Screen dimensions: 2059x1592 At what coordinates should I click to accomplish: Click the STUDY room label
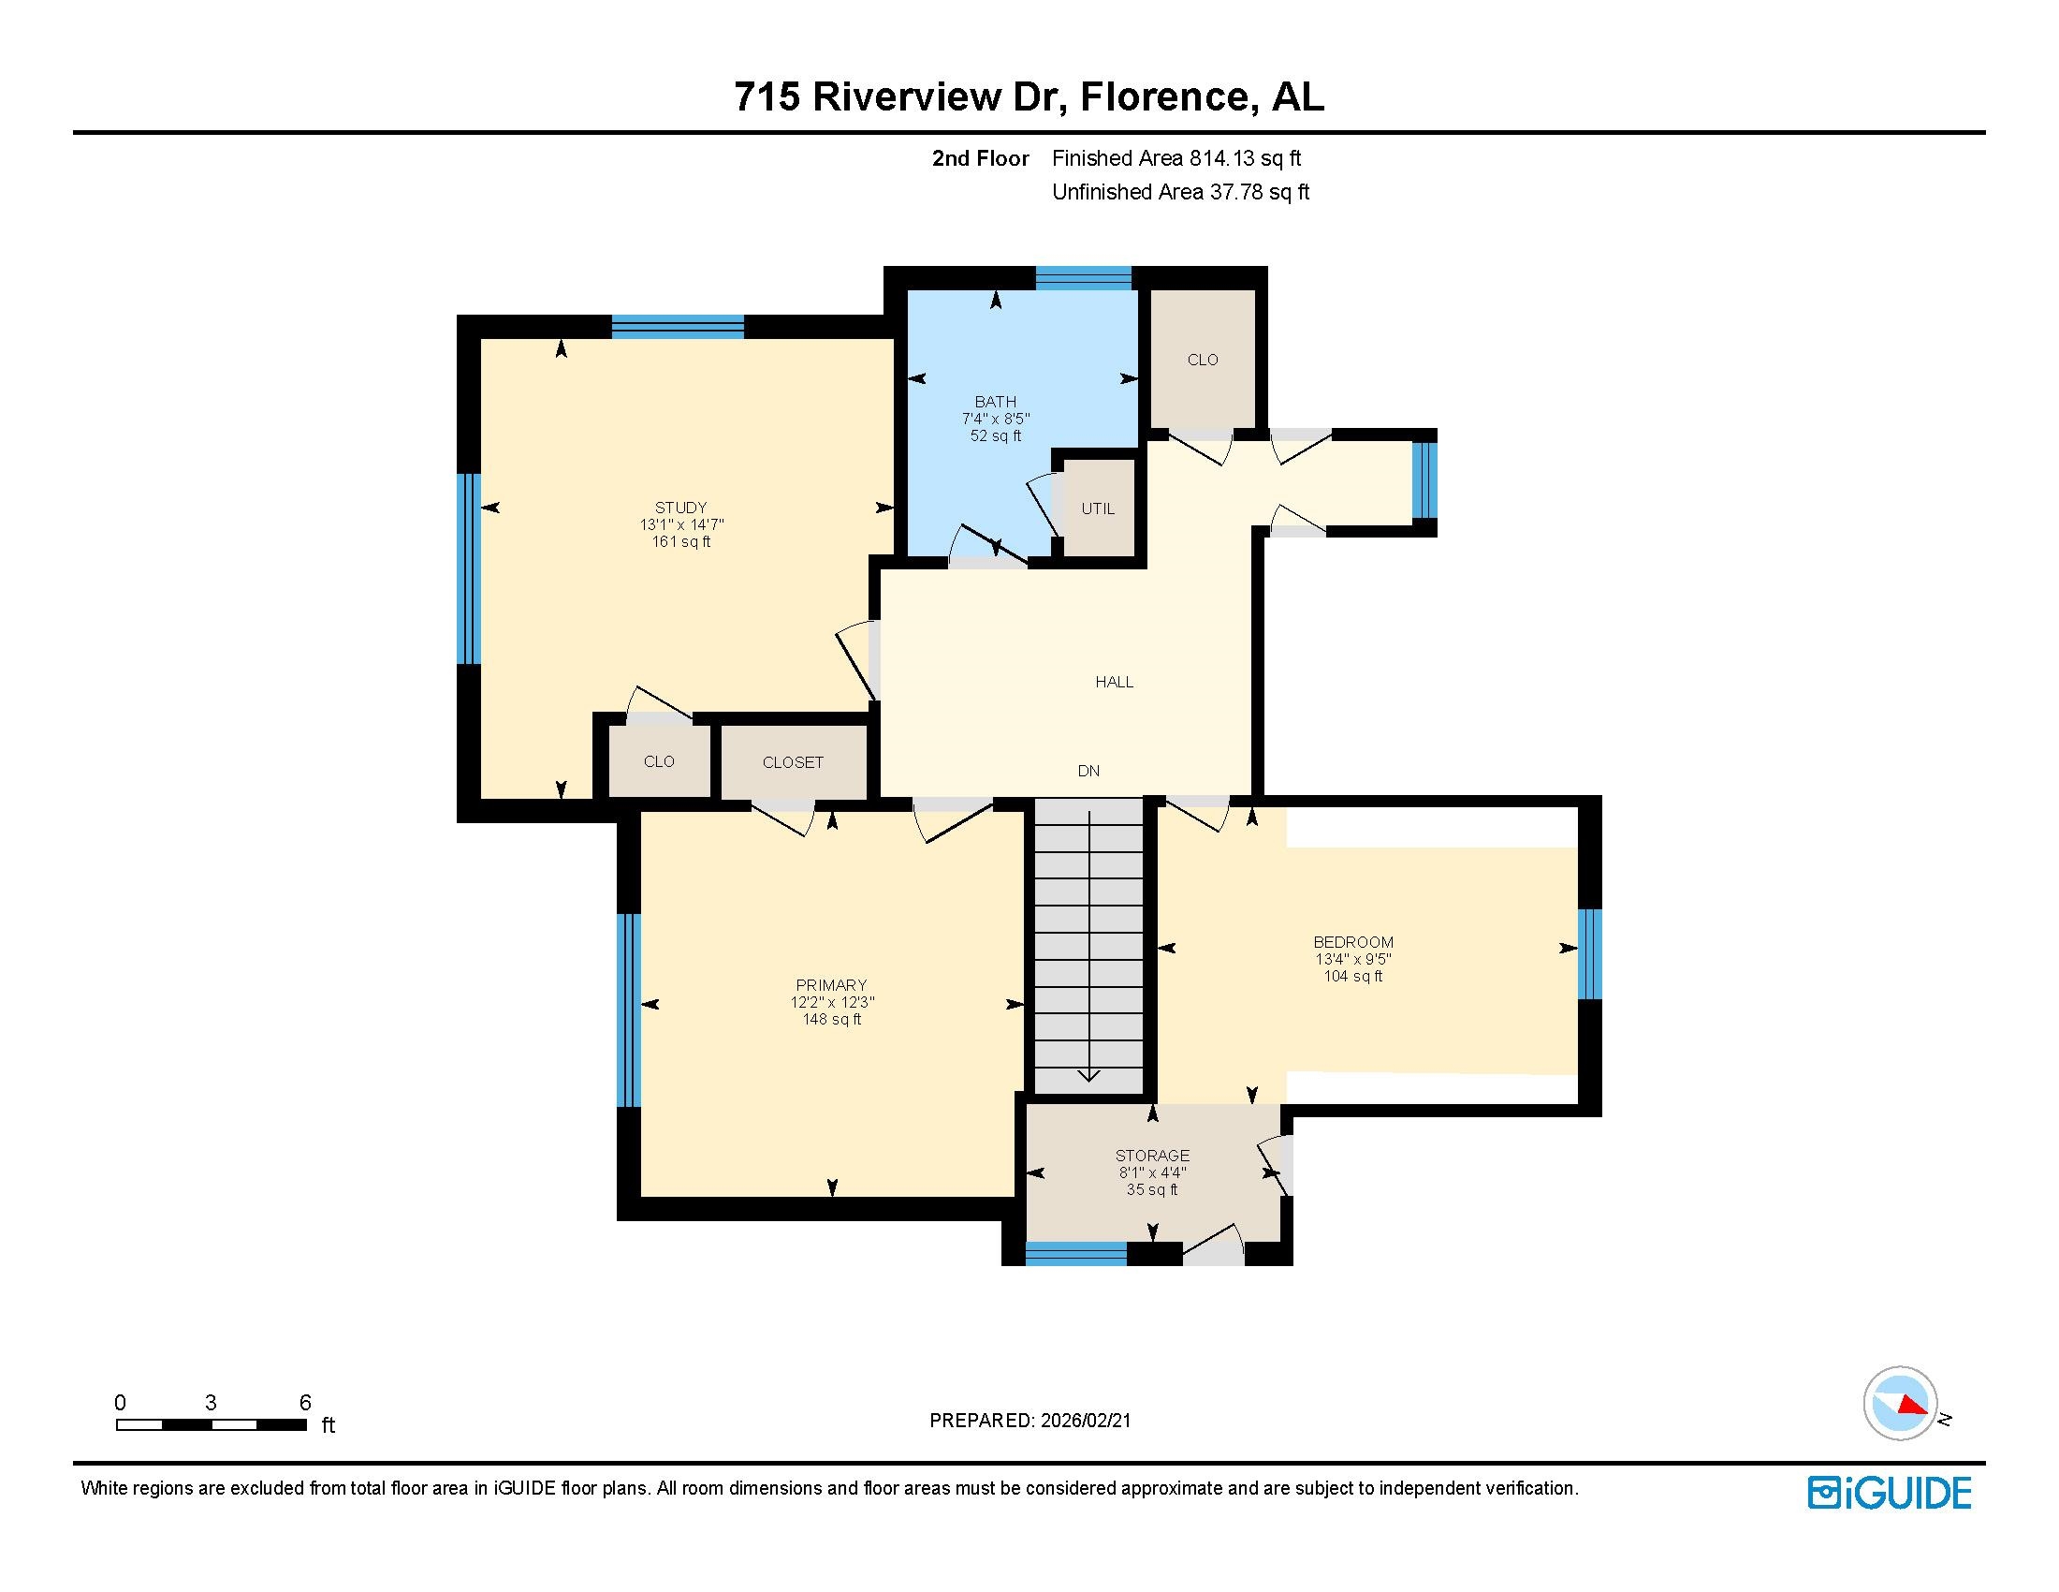[680, 508]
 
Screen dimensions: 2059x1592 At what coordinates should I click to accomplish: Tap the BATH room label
[996, 402]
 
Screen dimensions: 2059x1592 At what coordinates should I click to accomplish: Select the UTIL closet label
[1098, 509]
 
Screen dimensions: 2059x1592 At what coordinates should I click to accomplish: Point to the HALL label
[1115, 682]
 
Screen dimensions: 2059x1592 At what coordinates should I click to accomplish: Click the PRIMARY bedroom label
[830, 985]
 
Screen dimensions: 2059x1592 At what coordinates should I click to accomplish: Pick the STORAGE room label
[1152, 1156]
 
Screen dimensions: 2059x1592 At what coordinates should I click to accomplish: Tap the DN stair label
[1088, 771]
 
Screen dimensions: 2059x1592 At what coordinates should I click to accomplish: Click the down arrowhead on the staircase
[1088, 1074]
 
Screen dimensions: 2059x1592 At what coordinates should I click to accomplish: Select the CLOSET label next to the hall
[793, 762]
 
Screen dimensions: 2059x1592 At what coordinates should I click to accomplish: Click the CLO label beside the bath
[1203, 360]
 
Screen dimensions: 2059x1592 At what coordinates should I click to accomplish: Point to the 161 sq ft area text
[680, 541]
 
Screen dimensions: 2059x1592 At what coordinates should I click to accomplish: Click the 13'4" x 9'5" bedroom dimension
[1353, 959]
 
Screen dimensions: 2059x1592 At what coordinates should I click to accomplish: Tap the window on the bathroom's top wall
[1083, 278]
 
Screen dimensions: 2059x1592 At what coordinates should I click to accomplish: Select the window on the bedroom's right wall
[1589, 953]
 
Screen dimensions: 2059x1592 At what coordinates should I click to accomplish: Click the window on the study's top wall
[678, 326]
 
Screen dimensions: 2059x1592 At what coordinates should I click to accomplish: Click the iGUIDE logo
[1890, 1493]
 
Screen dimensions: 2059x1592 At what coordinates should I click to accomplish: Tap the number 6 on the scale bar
[304, 1403]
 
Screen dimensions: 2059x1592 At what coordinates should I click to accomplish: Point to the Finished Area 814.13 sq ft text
[1176, 158]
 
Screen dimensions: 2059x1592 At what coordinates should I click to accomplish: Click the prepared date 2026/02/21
[1085, 1421]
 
